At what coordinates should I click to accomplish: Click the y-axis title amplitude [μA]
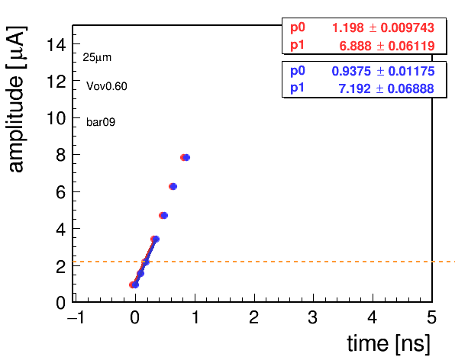point(16,99)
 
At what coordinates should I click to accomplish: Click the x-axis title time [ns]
point(389,343)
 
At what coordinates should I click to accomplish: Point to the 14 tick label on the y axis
point(56,45)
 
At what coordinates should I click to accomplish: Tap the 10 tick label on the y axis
point(56,118)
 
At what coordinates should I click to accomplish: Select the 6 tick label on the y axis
point(61,192)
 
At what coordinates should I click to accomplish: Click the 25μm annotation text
point(97,57)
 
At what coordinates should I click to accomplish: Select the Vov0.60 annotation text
point(107,86)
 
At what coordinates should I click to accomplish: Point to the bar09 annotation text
point(101,122)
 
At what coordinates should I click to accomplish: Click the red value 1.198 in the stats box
point(347,27)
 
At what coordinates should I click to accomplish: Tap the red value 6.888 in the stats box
point(355,46)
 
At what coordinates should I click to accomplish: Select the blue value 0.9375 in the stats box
point(351,71)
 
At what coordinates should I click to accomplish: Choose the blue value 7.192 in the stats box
point(354,88)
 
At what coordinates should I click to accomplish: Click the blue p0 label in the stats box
point(298,71)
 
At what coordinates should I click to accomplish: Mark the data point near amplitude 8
point(185,157)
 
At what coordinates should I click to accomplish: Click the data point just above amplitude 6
point(173,186)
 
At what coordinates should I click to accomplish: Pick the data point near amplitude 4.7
point(163,215)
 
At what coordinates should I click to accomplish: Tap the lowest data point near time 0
point(134,285)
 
